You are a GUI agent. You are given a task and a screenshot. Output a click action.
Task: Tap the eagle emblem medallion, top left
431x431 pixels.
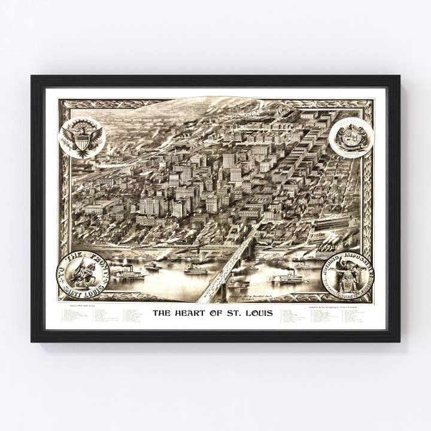point(83,138)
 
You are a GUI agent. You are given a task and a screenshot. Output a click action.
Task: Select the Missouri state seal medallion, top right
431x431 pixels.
point(351,138)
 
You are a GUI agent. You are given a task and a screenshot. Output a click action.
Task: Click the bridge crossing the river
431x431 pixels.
point(230,263)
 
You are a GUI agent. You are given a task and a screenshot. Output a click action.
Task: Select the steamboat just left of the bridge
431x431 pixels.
point(196,269)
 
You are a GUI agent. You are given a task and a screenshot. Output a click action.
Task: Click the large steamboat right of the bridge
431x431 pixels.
point(287,278)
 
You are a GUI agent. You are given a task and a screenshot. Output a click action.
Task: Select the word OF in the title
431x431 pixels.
point(213,312)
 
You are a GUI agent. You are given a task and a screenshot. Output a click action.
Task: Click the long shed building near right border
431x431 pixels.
point(335,224)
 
